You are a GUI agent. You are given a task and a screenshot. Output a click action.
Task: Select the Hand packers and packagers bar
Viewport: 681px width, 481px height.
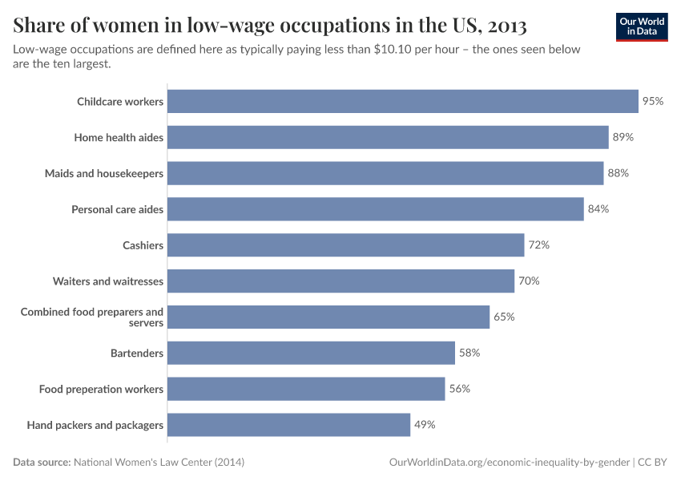coord(288,425)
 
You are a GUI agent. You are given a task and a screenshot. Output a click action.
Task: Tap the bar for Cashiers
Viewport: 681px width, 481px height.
coord(345,245)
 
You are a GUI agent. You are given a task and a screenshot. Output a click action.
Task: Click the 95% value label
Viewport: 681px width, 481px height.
coord(653,101)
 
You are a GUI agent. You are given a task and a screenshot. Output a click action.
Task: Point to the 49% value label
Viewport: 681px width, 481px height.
coord(425,425)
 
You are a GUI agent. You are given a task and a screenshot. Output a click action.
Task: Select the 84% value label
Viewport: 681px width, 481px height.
coord(598,209)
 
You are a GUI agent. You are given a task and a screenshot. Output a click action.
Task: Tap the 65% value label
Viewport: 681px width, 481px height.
coord(504,317)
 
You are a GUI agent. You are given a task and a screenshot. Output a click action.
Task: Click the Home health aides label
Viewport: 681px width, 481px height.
coord(119,137)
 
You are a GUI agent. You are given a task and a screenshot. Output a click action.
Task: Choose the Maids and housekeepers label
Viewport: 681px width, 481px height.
coord(104,173)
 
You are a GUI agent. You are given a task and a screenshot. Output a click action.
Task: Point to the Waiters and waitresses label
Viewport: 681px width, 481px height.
coord(108,281)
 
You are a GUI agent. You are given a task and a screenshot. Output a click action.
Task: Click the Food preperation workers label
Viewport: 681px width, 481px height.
coord(101,389)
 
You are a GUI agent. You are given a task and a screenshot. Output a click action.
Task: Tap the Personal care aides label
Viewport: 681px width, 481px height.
coord(117,209)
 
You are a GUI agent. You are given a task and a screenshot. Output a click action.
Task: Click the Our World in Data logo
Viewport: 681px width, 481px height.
coord(641,26)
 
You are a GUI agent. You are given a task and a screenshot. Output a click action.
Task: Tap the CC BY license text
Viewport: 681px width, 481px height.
coord(654,463)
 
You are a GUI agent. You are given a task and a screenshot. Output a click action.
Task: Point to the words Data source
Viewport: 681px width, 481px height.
coord(41,463)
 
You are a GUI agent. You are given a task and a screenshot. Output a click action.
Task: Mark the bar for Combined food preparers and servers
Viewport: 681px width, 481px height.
coord(328,317)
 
